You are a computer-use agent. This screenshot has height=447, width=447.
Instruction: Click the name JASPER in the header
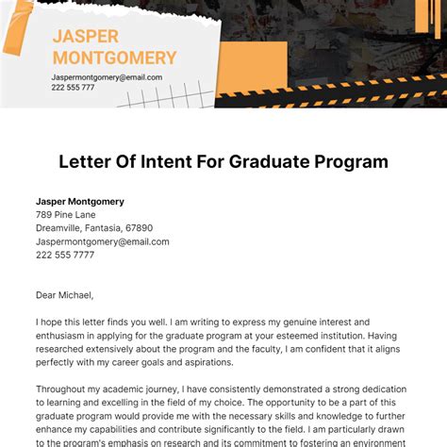(85, 37)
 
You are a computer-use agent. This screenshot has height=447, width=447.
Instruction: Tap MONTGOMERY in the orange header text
(115, 58)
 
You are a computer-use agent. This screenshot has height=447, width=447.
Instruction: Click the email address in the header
(107, 77)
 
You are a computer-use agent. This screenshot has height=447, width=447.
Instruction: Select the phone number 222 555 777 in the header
(73, 88)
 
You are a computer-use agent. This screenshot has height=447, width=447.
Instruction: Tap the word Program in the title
(352, 161)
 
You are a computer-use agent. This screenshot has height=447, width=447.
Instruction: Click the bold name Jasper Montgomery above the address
(80, 202)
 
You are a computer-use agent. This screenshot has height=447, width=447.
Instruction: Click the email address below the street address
(103, 241)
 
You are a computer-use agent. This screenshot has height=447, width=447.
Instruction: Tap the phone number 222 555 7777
(65, 255)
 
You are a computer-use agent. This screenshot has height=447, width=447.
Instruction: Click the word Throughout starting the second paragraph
(64, 389)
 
